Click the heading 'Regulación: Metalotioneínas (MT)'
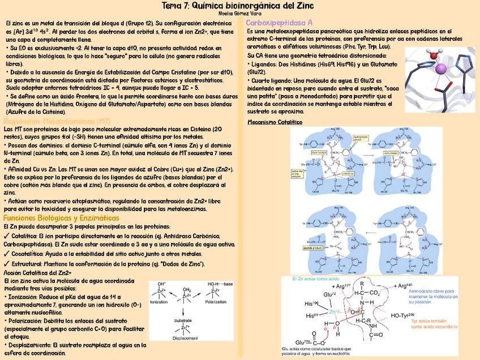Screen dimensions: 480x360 tap(57, 121)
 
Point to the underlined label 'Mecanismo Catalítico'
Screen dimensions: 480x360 tap(275, 122)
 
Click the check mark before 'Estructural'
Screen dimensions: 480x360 tap(6, 264)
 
